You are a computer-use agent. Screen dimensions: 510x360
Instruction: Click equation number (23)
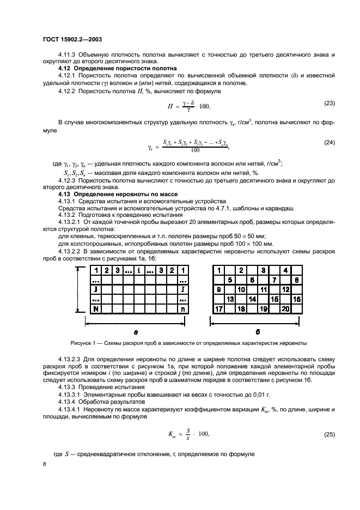pos(328,102)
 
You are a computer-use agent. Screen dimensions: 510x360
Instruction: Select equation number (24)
pos(328,143)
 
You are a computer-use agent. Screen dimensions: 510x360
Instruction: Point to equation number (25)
pos(328,434)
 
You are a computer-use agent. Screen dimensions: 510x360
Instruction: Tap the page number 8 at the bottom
pos(44,464)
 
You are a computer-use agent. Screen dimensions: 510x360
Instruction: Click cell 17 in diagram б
pos(218,308)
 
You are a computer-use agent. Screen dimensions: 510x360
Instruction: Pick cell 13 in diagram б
pos(230,299)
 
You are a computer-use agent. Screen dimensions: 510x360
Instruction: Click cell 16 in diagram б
pos(297,299)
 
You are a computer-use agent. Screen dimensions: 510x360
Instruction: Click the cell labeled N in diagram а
pos(96,309)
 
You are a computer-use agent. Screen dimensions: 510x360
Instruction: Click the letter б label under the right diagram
pos(257,331)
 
